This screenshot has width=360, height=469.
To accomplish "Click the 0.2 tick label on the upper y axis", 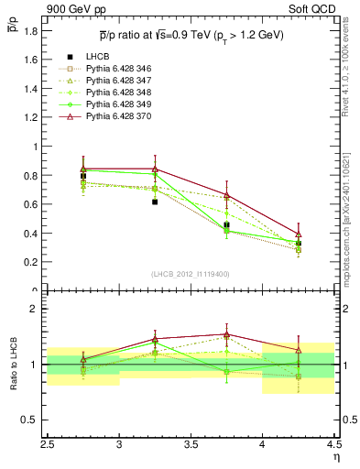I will coord(36,261).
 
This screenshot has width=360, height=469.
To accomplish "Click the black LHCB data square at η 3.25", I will coord(155,202).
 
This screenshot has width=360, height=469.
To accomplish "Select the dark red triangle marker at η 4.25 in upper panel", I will coord(299,234).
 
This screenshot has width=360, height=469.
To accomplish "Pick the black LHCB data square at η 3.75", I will coord(226,224).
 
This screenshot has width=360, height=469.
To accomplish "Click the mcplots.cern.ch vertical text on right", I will coord(351,211).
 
